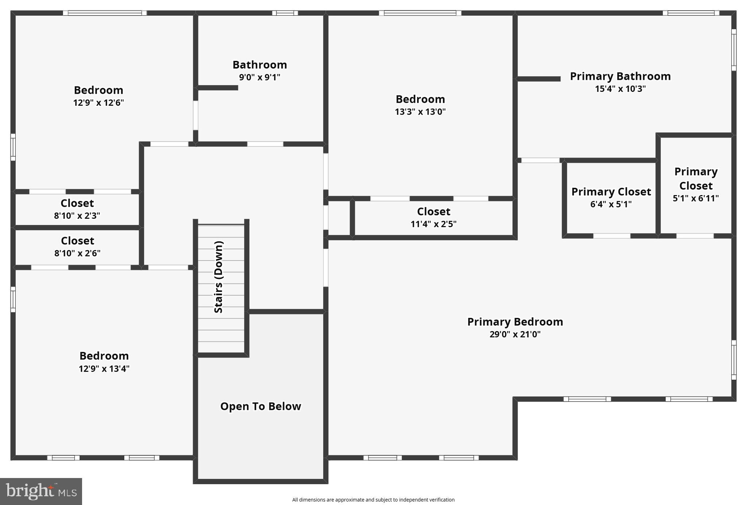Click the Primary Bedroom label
click(515, 322)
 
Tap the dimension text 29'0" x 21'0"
click(515, 334)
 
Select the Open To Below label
click(260, 406)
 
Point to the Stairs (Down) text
click(218, 277)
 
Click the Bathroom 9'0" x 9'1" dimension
click(259, 77)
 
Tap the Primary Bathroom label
click(620, 76)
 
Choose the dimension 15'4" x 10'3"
click(620, 89)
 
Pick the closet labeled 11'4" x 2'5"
click(433, 218)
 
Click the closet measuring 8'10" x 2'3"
click(77, 209)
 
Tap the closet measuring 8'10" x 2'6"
click(77, 247)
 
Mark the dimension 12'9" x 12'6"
click(98, 102)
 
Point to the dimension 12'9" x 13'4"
click(104, 369)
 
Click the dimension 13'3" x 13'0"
click(420, 112)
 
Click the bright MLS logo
click(41, 491)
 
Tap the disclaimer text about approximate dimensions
click(373, 500)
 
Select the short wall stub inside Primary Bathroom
click(539, 79)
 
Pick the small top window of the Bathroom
click(285, 13)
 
